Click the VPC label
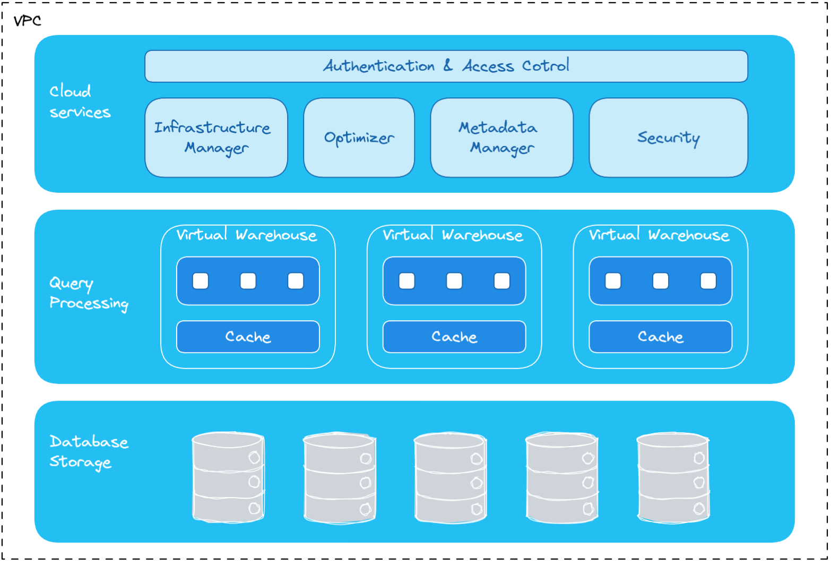[27, 21]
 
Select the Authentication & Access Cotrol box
[446, 66]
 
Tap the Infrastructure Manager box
[216, 138]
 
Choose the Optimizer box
[359, 138]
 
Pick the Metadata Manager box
[501, 138]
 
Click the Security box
[668, 138]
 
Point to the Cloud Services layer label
[80, 101]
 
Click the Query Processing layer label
[88, 293]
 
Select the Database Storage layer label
[88, 451]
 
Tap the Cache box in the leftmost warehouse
[248, 337]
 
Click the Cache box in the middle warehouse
[454, 337]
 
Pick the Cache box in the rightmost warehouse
[660, 337]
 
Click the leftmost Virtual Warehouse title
[247, 235]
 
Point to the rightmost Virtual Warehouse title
[659, 235]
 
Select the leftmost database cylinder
[228, 477]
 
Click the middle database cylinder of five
[451, 477]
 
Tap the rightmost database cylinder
[673, 477]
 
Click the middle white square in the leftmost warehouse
[248, 280]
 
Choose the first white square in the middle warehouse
[407, 280]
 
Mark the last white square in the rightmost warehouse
[708, 280]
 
